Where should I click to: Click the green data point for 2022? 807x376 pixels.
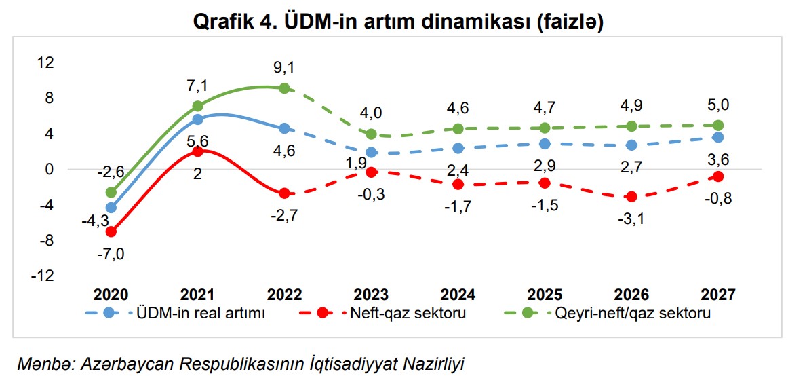[x=285, y=88]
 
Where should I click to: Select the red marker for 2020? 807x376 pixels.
[x=111, y=231]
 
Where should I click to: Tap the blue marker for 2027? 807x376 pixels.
[x=718, y=137]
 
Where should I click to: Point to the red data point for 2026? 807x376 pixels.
[x=631, y=197]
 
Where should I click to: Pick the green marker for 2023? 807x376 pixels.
[x=371, y=134]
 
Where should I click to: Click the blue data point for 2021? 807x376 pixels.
[x=198, y=119]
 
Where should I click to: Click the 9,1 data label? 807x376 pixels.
[x=285, y=68]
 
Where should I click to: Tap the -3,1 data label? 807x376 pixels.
[x=631, y=219]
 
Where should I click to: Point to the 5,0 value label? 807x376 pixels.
[x=718, y=105]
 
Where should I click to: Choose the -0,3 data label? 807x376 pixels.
[x=371, y=195]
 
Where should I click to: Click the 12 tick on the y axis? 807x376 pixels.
[x=45, y=62]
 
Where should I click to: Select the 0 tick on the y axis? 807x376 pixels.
[x=48, y=169]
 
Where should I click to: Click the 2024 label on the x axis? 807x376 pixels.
[x=458, y=295]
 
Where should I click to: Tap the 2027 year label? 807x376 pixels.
[x=718, y=295]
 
